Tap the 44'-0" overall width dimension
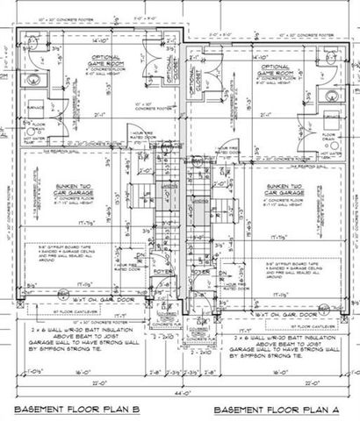[180, 394]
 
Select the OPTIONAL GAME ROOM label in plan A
[272, 69]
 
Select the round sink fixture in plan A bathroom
[332, 95]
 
